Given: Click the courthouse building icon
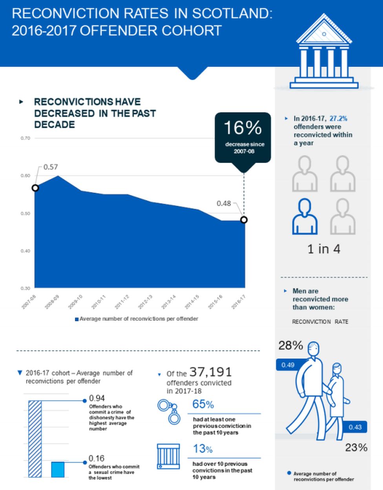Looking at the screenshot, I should pos(324,57).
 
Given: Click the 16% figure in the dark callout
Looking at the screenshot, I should pos(243,128).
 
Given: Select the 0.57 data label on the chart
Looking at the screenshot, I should pos(51,167).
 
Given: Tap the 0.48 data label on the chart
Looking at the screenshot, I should pos(224,203).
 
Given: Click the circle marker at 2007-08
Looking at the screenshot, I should pos(35,188).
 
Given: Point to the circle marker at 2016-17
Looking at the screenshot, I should pos(244,220).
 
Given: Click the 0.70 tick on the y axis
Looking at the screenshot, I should pos(25,138).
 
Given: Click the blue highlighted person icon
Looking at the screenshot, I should pos(305,216).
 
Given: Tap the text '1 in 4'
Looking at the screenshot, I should pos(324,249).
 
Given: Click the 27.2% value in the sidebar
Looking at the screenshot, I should pos(338,118).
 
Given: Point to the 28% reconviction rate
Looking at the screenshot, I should pos(291,345).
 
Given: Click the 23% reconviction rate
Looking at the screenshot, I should pos(356,447).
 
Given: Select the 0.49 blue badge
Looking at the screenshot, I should pos(288,365).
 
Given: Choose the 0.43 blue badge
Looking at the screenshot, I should pos(355,427).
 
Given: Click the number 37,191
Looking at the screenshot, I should pos(211,372).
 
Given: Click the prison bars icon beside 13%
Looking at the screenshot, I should pos(168,456).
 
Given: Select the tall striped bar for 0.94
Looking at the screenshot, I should pos(35,439).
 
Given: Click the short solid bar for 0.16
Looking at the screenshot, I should pos(58,469).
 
